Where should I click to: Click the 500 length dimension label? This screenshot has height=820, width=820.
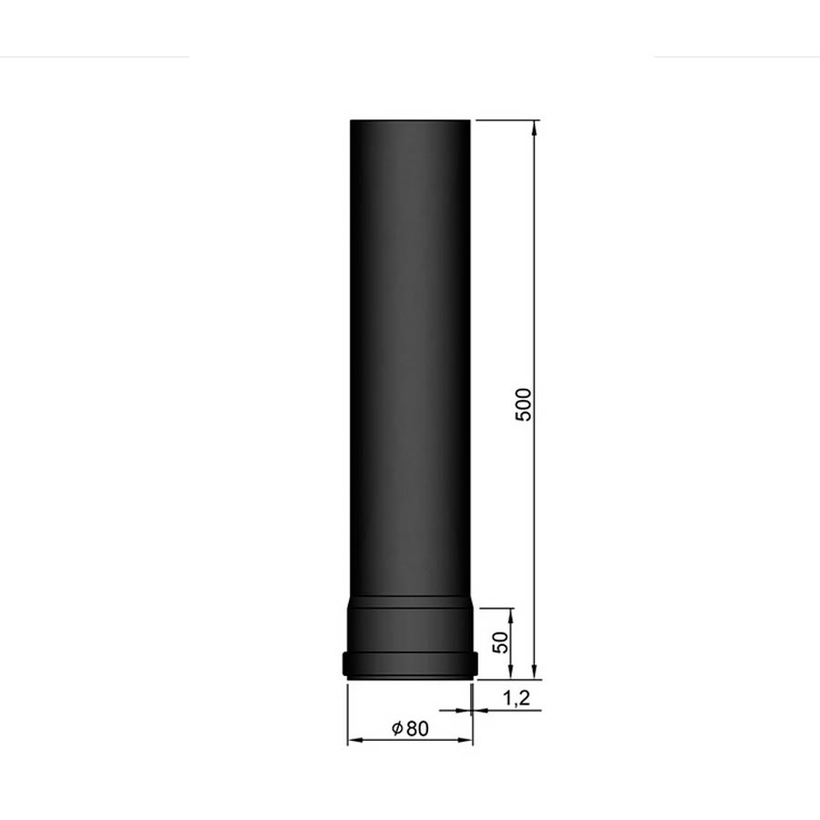524,405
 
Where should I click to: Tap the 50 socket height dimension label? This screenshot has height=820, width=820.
500,642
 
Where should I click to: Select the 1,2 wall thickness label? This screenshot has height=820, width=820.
517,698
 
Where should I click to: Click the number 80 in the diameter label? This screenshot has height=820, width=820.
417,729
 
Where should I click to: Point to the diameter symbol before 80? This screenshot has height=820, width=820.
397,728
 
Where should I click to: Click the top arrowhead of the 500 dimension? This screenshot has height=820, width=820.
534,128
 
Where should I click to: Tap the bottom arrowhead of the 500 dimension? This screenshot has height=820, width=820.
534,671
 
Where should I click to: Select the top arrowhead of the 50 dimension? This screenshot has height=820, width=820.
511,617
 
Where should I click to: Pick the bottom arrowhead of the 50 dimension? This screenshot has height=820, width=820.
511,671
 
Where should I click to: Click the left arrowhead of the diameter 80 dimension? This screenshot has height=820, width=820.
356,740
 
